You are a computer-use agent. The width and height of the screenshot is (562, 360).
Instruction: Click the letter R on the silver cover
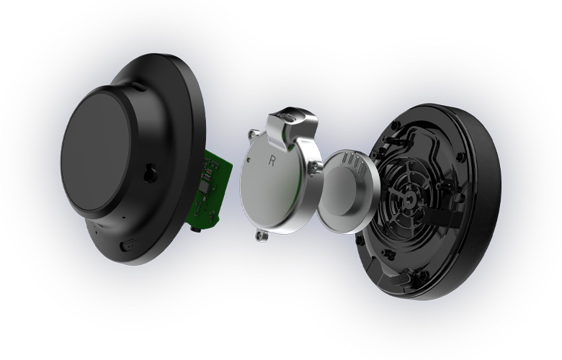coord(272,161)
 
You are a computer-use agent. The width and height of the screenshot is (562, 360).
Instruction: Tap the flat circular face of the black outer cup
coord(96,151)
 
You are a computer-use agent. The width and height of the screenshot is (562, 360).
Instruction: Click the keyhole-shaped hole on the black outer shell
coord(150,173)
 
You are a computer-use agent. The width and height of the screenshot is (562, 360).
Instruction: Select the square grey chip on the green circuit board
coord(204,186)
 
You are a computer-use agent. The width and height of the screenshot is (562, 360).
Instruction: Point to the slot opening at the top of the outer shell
coord(139,86)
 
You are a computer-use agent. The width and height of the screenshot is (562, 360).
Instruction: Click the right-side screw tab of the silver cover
coord(316,166)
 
